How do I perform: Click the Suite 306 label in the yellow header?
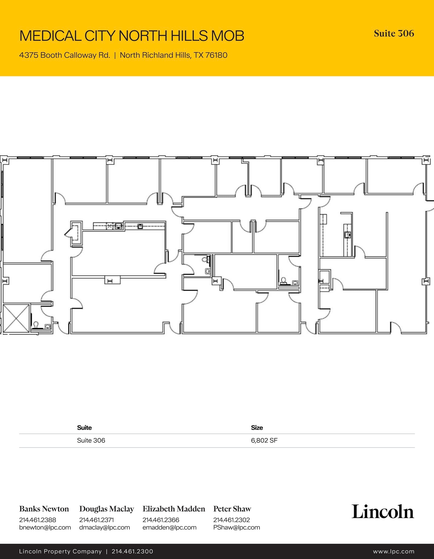click(x=394, y=34)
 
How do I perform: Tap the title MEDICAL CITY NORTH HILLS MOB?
click(x=132, y=36)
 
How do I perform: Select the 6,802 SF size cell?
click(x=264, y=440)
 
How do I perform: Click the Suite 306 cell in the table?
click(x=91, y=440)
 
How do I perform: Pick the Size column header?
click(x=257, y=428)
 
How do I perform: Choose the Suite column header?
click(x=84, y=428)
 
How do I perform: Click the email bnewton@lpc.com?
click(x=45, y=527)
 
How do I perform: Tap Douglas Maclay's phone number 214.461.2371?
click(x=96, y=520)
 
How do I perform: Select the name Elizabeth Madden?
click(x=174, y=509)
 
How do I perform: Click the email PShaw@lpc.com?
click(x=237, y=527)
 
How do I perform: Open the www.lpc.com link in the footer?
click(x=394, y=551)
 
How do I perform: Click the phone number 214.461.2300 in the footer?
click(x=132, y=551)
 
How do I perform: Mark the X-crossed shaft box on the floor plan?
click(x=16, y=318)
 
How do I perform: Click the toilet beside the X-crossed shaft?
click(x=36, y=325)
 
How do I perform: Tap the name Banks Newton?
click(x=44, y=509)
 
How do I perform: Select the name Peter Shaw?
click(x=232, y=509)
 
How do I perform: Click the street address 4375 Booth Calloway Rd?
click(x=65, y=55)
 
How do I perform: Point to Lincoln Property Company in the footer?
click(x=60, y=551)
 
